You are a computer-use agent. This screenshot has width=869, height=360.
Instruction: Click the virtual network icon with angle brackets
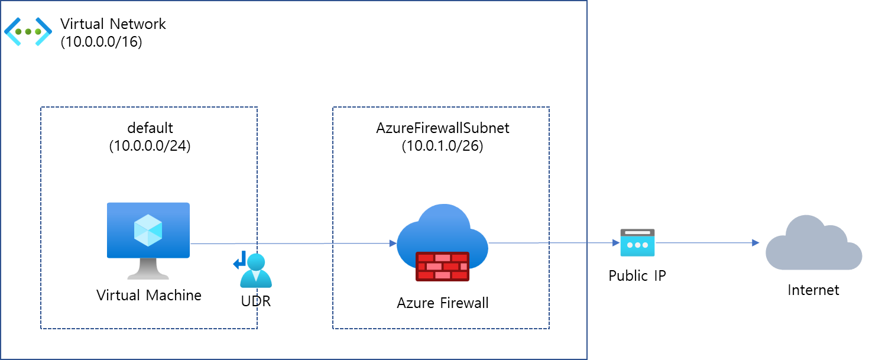click(x=28, y=31)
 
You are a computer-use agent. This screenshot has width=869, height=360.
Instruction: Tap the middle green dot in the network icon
click(x=28, y=31)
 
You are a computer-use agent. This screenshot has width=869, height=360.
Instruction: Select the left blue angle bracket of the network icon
click(x=12, y=31)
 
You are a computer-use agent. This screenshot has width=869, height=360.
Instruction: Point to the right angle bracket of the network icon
click(x=44, y=31)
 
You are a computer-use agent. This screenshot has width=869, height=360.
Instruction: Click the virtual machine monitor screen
click(x=148, y=230)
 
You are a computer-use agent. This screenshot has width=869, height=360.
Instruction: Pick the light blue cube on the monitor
click(x=148, y=230)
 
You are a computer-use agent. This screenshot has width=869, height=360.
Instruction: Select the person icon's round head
click(x=256, y=261)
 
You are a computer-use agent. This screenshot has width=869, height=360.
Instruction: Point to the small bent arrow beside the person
click(x=239, y=260)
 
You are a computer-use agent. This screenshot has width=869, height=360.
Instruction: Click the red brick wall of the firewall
click(x=442, y=266)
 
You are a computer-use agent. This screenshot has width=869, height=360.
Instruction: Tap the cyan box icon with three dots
click(x=637, y=243)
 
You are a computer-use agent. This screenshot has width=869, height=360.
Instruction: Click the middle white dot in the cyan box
click(x=637, y=245)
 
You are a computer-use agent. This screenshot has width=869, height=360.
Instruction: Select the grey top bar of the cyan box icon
click(x=637, y=232)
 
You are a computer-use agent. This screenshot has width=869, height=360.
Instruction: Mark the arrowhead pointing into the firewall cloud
click(x=393, y=244)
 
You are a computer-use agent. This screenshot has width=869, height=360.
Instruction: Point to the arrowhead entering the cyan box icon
click(x=616, y=243)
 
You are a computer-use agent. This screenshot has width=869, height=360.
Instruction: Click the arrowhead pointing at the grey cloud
click(x=755, y=242)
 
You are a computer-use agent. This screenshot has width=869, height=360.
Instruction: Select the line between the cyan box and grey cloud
click(x=703, y=242)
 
